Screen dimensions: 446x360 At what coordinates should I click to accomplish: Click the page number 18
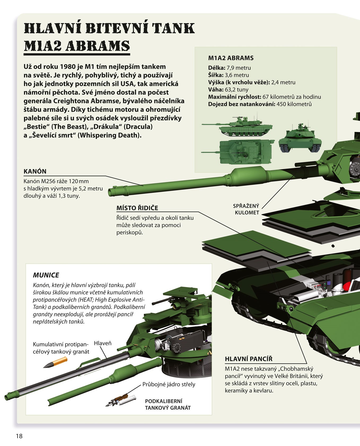(x=19, y=436)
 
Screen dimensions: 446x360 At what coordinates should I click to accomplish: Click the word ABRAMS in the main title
(x=97, y=46)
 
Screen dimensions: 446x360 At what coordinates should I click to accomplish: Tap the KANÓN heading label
(x=35, y=171)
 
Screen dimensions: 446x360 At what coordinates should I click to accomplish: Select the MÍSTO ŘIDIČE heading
(x=137, y=208)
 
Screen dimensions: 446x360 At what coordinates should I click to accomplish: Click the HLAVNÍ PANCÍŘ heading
(x=248, y=359)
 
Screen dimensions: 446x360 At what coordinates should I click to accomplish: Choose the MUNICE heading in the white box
(x=46, y=275)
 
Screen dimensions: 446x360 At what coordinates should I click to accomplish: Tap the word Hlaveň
(x=103, y=343)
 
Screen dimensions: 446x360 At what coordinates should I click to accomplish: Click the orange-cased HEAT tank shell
(x=55, y=362)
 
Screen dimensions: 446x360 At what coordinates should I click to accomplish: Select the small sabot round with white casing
(x=121, y=400)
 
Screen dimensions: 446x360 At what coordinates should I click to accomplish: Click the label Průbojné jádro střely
(x=169, y=384)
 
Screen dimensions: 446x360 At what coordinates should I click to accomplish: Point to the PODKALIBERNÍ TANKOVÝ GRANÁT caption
(x=168, y=404)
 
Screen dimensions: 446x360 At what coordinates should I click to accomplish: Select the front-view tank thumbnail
(x=300, y=139)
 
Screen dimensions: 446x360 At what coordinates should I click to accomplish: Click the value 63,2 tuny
(x=236, y=90)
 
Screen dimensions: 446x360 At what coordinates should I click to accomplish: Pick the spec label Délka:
(x=217, y=68)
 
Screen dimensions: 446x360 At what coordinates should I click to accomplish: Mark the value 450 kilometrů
(x=294, y=104)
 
